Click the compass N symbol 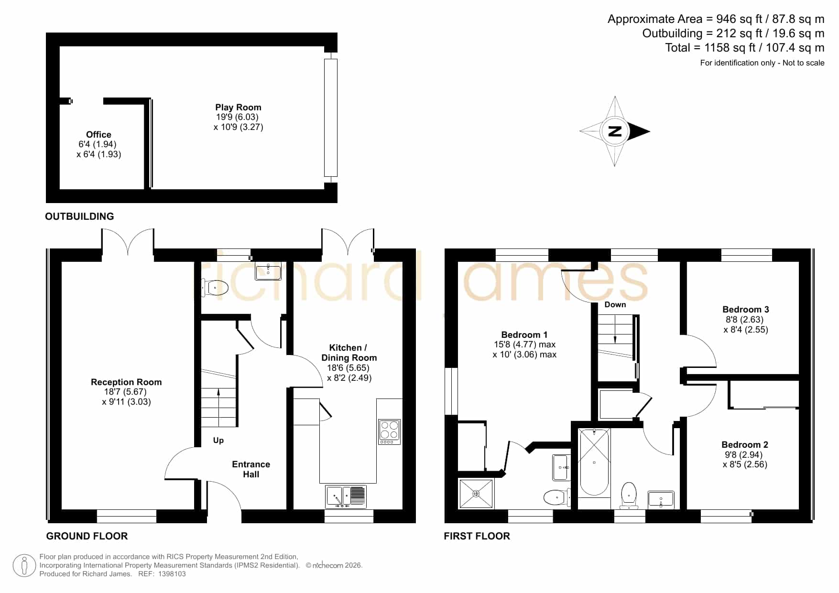(x=615, y=131)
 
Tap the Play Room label (x=238, y=108)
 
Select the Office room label (x=98, y=135)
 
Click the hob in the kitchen (x=390, y=432)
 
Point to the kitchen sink (x=346, y=496)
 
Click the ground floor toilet (x=215, y=288)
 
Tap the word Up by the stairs (x=218, y=441)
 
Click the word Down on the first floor (x=615, y=305)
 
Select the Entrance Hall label (x=251, y=469)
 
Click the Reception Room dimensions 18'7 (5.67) (x=126, y=392)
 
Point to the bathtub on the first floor (x=594, y=462)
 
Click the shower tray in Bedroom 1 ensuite (x=476, y=494)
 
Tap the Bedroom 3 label (x=746, y=310)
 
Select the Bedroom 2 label (x=745, y=445)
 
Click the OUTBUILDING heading (x=79, y=216)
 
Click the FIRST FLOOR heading (x=477, y=536)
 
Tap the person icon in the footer (x=24, y=566)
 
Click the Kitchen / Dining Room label (x=349, y=353)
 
